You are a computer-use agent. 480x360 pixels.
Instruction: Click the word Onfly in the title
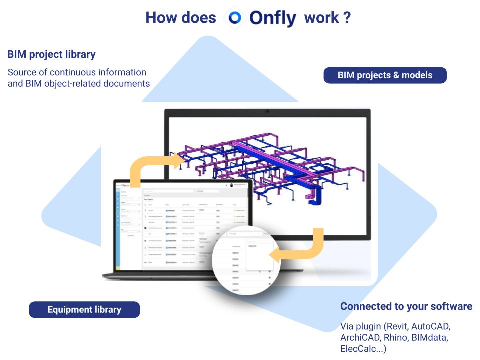tap(273, 18)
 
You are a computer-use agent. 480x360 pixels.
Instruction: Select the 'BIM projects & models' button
tap(385, 75)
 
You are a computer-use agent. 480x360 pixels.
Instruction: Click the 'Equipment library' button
tap(84, 310)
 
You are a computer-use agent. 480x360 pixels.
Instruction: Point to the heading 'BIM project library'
tap(51, 54)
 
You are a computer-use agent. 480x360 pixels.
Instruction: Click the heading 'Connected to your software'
tap(406, 306)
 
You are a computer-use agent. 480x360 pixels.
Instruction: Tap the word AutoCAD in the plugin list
tap(431, 327)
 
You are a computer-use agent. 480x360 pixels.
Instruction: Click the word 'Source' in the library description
tap(22, 72)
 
